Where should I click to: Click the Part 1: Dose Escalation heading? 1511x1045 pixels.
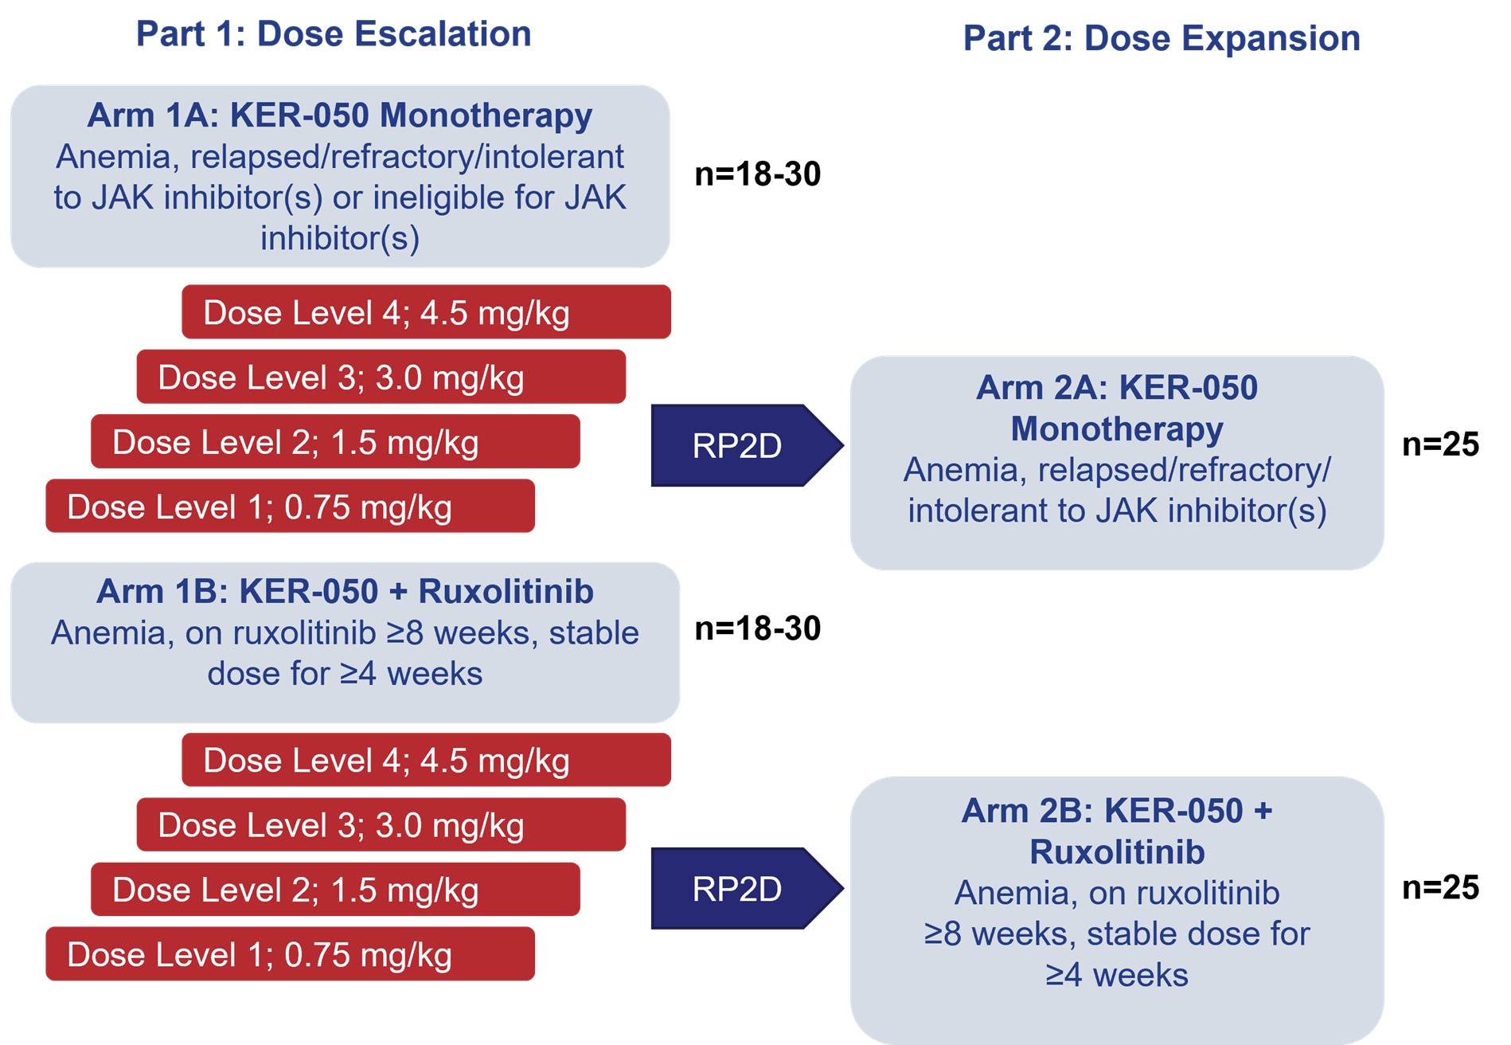click(x=334, y=34)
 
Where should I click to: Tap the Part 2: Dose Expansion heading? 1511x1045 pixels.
click(x=1162, y=38)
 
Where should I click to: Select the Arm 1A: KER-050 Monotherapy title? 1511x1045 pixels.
click(x=340, y=115)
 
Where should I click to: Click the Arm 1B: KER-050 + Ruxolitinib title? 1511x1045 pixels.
click(x=345, y=592)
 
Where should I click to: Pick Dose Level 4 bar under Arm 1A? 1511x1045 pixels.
click(x=426, y=312)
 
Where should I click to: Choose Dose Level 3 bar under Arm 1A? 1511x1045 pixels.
click(x=381, y=377)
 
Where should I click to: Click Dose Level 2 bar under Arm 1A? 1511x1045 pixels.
click(x=335, y=441)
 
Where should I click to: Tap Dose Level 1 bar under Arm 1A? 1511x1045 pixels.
click(x=290, y=506)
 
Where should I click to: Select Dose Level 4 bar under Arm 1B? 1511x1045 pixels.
click(x=426, y=760)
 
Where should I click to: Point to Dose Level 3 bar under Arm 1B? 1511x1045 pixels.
click(x=381, y=824)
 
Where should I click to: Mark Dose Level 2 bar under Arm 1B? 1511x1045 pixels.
click(x=335, y=889)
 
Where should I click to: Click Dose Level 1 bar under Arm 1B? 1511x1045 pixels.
click(x=290, y=953)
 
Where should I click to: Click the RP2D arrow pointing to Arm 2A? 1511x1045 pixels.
click(x=747, y=445)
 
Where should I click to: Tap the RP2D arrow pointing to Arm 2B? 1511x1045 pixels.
click(x=747, y=888)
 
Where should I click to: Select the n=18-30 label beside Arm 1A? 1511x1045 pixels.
click(x=757, y=174)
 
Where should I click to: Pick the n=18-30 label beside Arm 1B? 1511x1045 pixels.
click(x=757, y=628)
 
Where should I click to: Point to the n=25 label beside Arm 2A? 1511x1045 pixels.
click(x=1440, y=444)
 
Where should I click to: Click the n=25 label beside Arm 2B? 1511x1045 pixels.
click(x=1440, y=887)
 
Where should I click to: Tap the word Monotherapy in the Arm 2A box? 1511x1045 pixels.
click(x=1117, y=430)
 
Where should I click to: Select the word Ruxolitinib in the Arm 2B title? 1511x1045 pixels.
click(x=1117, y=852)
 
